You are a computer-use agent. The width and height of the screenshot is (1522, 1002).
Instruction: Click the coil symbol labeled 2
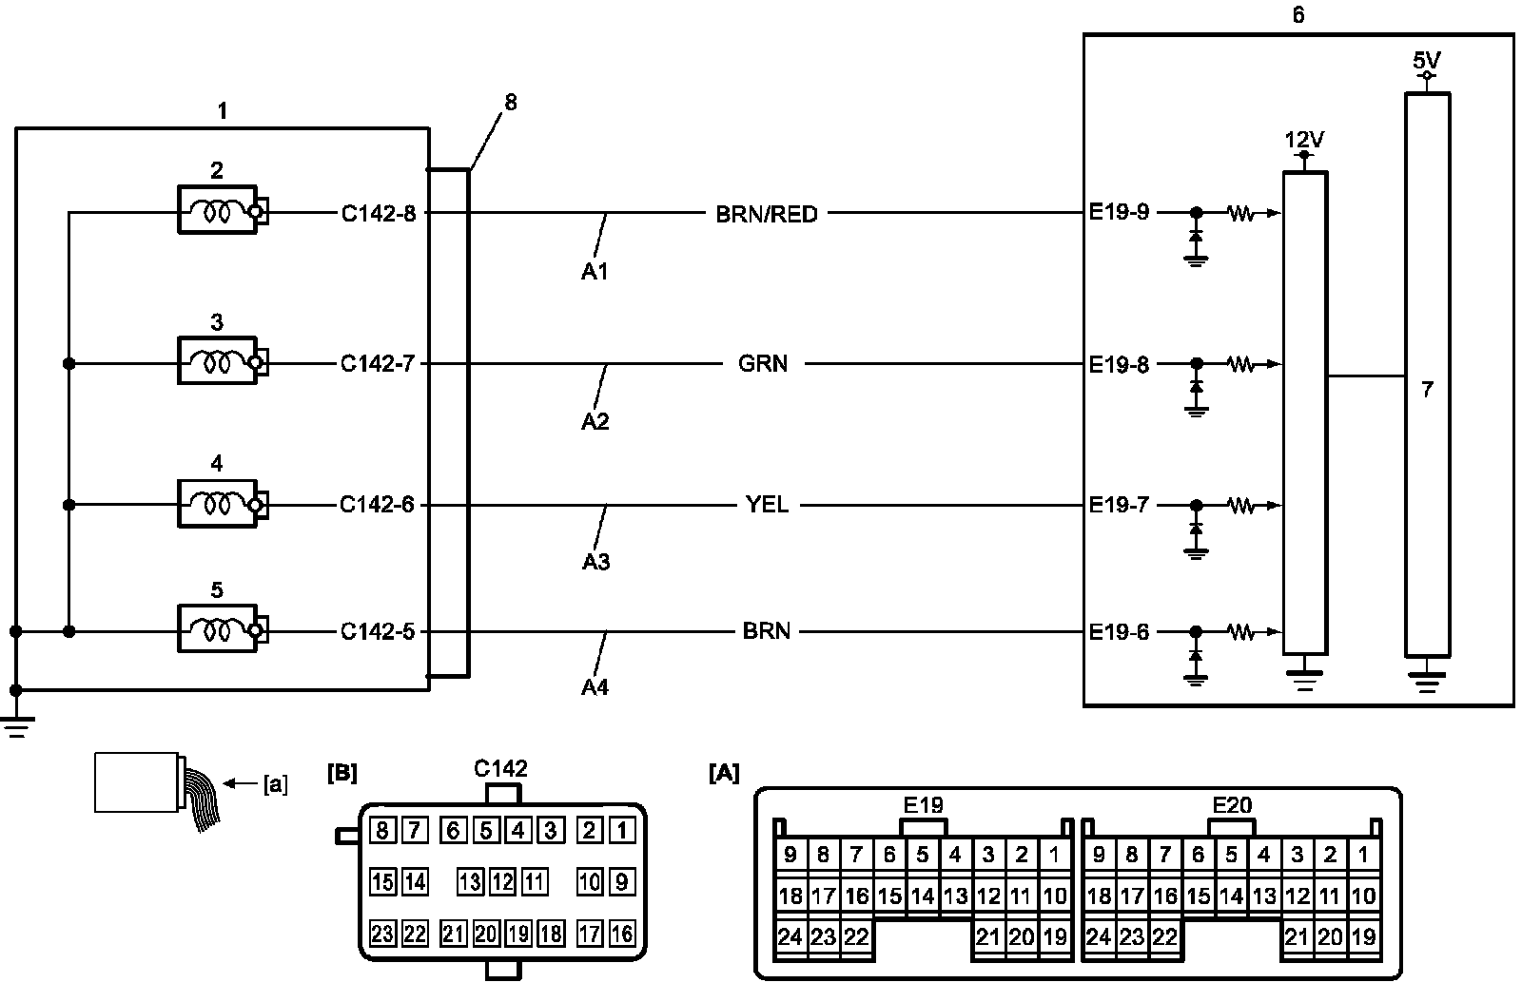point(217,211)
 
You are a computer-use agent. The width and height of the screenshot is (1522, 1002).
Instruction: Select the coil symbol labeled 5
point(217,630)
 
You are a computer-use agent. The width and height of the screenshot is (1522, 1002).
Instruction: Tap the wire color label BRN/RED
point(766,214)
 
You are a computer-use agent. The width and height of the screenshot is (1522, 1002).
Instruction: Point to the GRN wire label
point(763,363)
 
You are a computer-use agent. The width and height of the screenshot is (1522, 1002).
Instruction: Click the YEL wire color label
point(767,505)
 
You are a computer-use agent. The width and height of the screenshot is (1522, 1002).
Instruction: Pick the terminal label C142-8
point(379,213)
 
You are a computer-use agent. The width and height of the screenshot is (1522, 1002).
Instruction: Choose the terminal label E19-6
point(1119,631)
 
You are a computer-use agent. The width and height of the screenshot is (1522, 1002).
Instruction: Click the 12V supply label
point(1304,141)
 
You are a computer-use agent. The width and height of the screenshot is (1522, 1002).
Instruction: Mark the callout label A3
point(595,562)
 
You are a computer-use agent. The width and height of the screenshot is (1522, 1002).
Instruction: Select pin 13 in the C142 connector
point(470,882)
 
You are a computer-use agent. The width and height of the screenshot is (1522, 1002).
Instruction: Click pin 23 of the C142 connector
point(382,934)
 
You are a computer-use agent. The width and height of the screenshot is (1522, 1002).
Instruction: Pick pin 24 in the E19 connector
point(790,937)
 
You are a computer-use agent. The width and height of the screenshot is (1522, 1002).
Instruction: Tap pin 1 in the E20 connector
point(1363,855)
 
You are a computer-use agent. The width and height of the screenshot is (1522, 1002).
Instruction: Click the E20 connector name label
point(1232,806)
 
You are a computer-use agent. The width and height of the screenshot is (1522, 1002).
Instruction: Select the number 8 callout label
point(511,103)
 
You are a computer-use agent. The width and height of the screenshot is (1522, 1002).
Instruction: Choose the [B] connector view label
point(342,772)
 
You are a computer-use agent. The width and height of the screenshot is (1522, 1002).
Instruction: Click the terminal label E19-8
point(1119,363)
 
